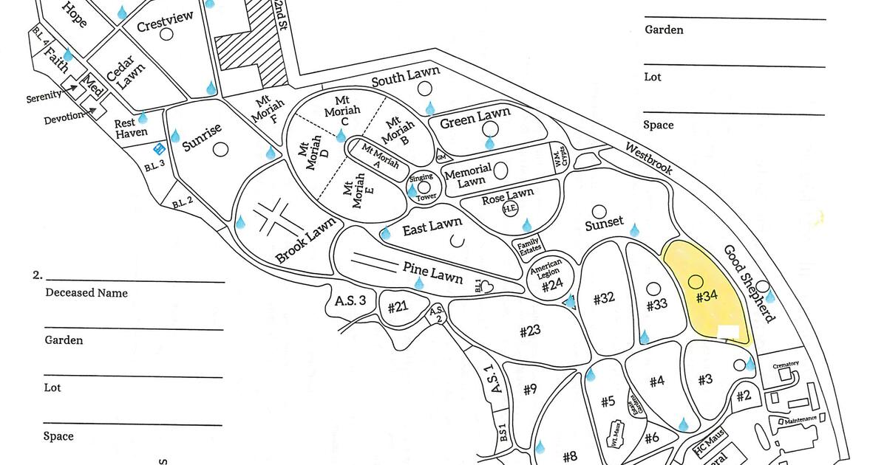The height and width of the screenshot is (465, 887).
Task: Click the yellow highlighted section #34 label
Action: [707, 297]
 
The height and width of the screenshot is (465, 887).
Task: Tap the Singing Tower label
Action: [423, 187]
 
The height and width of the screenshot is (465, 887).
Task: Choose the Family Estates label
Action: [528, 246]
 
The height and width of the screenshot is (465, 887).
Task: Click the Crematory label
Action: [785, 365]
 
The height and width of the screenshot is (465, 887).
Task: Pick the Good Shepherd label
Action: [749, 283]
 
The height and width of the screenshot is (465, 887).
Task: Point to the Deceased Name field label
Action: [86, 293]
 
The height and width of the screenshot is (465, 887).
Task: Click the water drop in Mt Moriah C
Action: [341, 136]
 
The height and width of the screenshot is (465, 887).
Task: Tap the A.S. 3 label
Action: [350, 300]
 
